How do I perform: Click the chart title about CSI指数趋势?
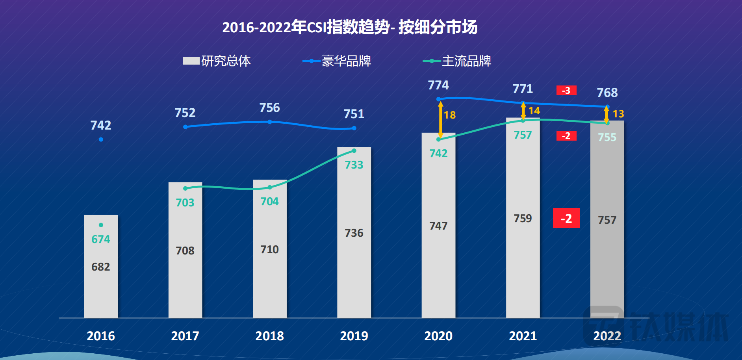(x=350, y=27)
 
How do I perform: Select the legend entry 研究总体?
(x=217, y=61)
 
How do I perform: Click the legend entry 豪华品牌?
(x=337, y=61)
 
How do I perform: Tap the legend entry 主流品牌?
(x=457, y=61)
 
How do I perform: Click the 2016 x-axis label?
(x=101, y=336)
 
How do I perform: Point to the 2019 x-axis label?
(x=354, y=336)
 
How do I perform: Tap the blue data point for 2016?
(x=101, y=139)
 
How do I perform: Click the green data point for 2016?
(x=101, y=225)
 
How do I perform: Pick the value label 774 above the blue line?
(x=438, y=85)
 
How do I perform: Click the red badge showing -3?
(x=566, y=91)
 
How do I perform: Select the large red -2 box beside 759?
(x=566, y=218)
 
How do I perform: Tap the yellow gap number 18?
(x=450, y=115)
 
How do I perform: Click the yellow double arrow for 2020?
(x=441, y=119)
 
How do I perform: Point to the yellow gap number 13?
(x=618, y=114)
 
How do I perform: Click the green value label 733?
(x=354, y=165)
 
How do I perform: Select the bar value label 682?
(x=101, y=267)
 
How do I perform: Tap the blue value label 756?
(x=269, y=108)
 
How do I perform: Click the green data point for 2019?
(x=354, y=151)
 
